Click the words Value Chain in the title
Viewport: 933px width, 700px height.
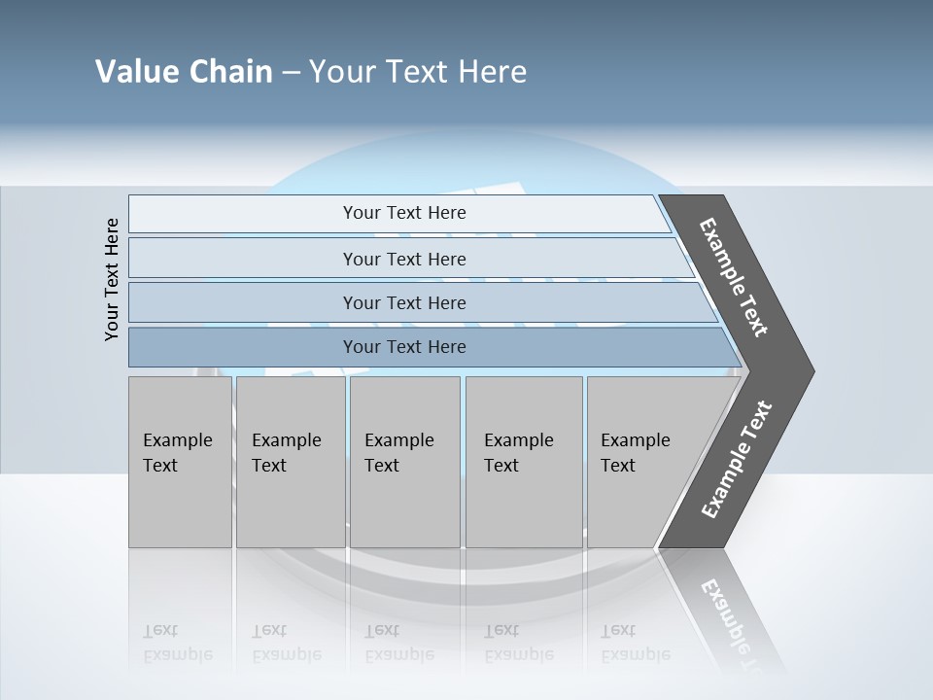184,72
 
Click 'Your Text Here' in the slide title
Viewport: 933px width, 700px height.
418,72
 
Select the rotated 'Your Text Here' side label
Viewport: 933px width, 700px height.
112,279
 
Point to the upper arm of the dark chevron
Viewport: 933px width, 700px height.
735,278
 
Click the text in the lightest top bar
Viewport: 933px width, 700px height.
404,213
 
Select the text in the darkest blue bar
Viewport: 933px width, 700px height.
404,347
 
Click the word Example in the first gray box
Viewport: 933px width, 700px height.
177,440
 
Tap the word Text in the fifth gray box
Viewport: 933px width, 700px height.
618,466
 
